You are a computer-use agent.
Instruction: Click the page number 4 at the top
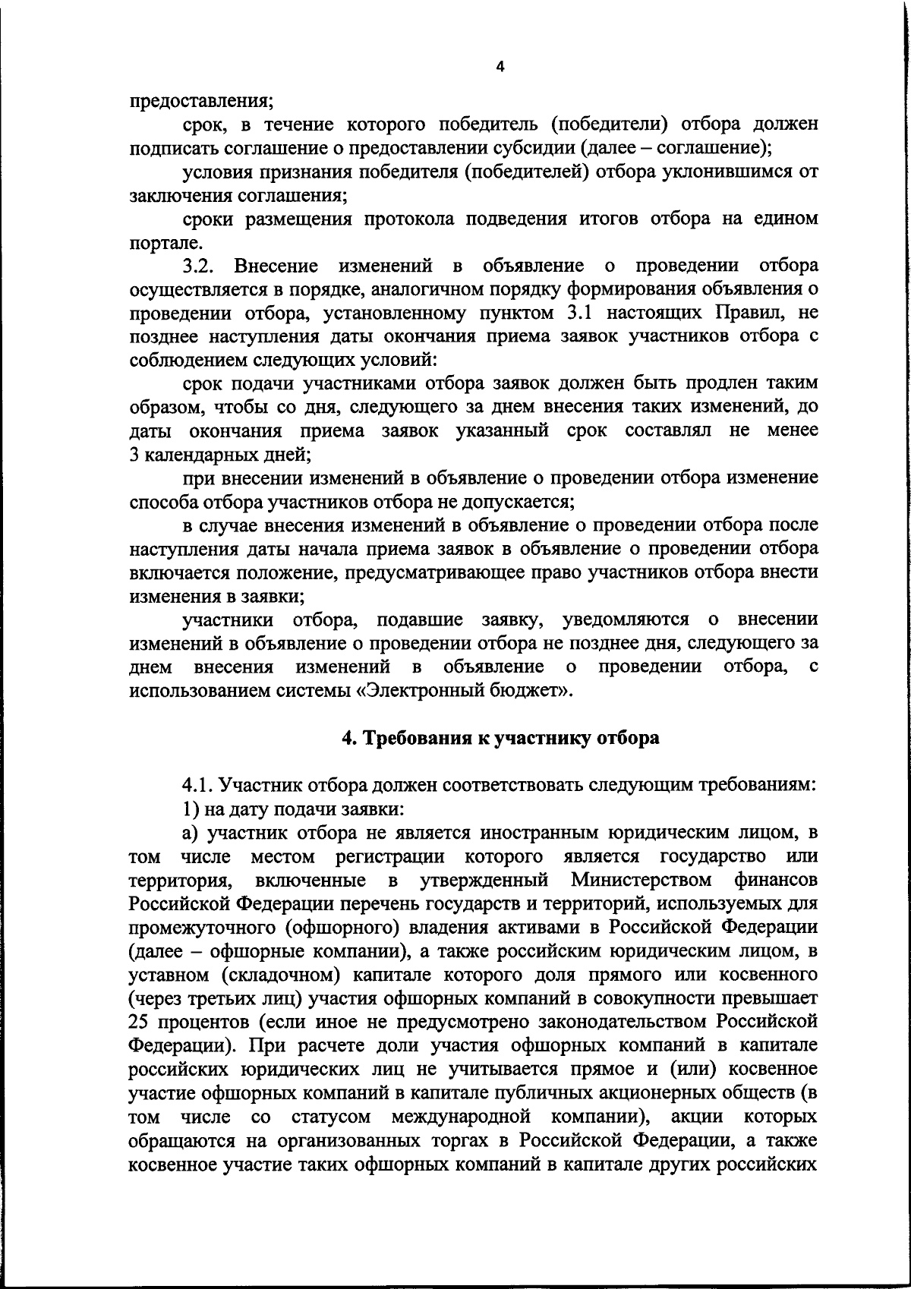[499, 67]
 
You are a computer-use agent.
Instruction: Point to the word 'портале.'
[156, 243]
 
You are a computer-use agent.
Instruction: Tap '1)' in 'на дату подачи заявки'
[191, 808]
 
